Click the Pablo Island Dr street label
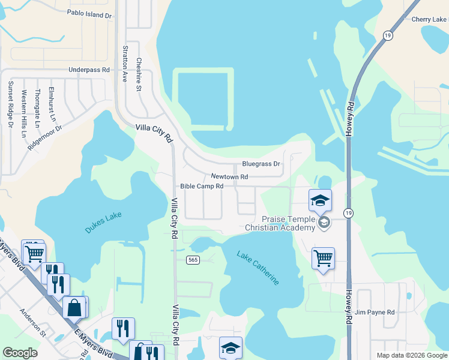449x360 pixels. point(89,13)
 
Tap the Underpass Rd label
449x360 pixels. point(89,70)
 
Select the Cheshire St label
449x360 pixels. point(138,74)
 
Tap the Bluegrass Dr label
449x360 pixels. point(261,164)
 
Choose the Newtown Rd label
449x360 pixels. point(229,177)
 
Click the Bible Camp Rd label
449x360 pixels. point(202,187)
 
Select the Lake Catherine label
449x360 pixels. point(258,268)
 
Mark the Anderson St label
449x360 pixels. point(32,321)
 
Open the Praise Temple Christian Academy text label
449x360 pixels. point(280,223)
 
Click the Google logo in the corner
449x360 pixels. point(20,353)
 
